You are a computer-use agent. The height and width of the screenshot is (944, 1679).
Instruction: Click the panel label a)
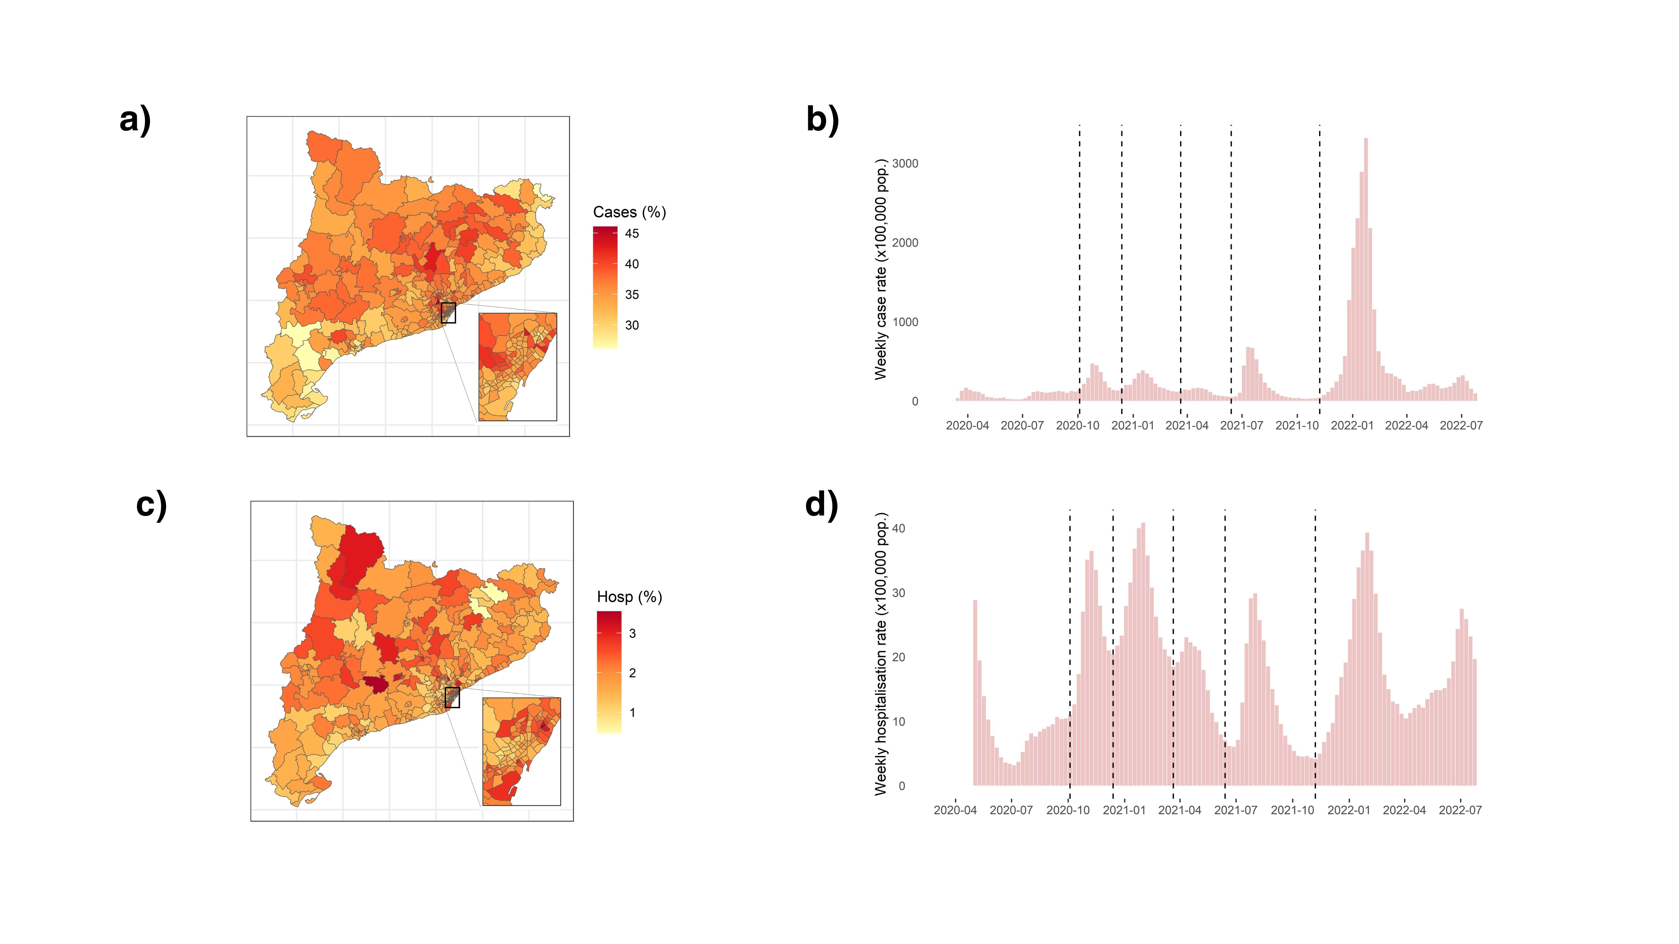pos(135,120)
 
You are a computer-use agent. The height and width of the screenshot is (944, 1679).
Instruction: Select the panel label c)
pos(151,505)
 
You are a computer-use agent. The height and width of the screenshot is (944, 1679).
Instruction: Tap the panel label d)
pos(821,505)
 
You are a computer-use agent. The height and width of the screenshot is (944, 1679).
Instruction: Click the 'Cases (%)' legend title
pos(629,212)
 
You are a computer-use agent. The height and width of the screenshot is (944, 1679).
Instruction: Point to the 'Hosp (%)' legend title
pos(629,597)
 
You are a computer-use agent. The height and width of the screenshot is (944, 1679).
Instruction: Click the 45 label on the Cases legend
pos(632,233)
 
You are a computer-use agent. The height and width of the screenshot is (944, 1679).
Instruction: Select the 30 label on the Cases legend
pos(632,325)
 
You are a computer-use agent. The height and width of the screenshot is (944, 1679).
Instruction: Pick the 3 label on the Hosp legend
pos(632,633)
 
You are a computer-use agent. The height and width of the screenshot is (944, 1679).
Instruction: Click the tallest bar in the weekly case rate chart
pos(1366,269)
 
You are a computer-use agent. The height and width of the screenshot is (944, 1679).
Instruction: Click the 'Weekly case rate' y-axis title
pos(881,269)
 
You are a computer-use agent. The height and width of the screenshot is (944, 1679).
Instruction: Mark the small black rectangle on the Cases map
pos(448,313)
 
